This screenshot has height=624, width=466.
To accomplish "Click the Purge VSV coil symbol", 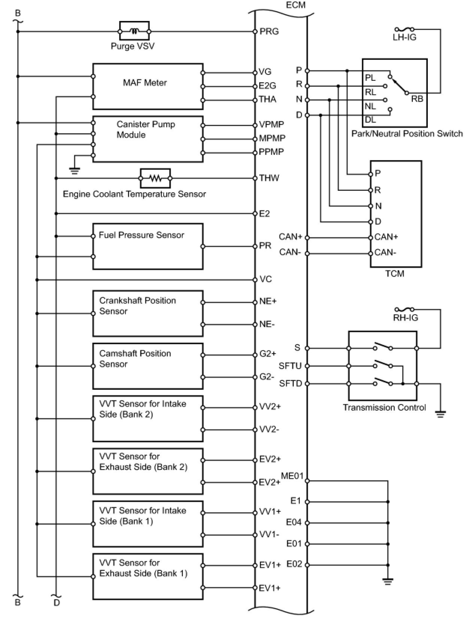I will [134, 31].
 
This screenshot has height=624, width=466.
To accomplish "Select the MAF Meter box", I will [148, 86].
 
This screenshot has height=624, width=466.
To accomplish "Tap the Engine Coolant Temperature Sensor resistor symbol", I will [155, 178].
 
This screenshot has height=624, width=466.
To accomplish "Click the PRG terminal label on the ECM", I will [269, 31].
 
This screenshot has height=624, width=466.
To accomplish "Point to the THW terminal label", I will [269, 178].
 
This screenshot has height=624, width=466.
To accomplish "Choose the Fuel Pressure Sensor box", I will [148, 247].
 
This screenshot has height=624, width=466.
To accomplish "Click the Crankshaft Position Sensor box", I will [148, 313].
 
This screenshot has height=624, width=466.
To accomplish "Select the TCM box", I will [396, 214].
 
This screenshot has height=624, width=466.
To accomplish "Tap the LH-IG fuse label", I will [404, 37].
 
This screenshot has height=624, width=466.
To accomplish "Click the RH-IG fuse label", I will [405, 318].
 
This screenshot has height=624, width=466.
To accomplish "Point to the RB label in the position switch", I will [417, 99].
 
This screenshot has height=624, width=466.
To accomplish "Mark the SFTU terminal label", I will [290, 366].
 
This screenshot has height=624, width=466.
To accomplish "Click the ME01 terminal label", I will [292, 476].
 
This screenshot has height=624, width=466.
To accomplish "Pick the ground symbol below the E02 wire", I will [388, 581].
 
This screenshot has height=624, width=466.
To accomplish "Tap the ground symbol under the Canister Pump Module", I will [75, 171].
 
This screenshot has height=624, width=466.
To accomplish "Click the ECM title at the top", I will [296, 5].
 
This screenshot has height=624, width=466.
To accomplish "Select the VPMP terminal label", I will [271, 125].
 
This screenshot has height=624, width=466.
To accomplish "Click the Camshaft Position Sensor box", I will [148, 366].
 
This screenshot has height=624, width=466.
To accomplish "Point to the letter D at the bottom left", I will [57, 603].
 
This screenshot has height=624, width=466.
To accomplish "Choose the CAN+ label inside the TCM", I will [386, 237].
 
